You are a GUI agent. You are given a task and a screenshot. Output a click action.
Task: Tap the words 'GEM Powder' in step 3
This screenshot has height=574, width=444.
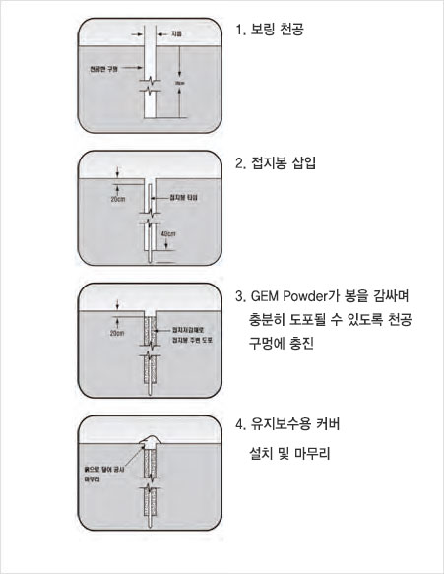coord(295,295)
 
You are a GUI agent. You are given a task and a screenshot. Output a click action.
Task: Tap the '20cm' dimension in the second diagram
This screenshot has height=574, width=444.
coord(118,198)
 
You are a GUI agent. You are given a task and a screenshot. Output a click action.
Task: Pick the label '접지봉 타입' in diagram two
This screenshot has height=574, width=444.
coord(188,198)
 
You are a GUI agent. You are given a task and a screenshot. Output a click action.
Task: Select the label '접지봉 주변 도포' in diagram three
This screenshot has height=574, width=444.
coord(192,338)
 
